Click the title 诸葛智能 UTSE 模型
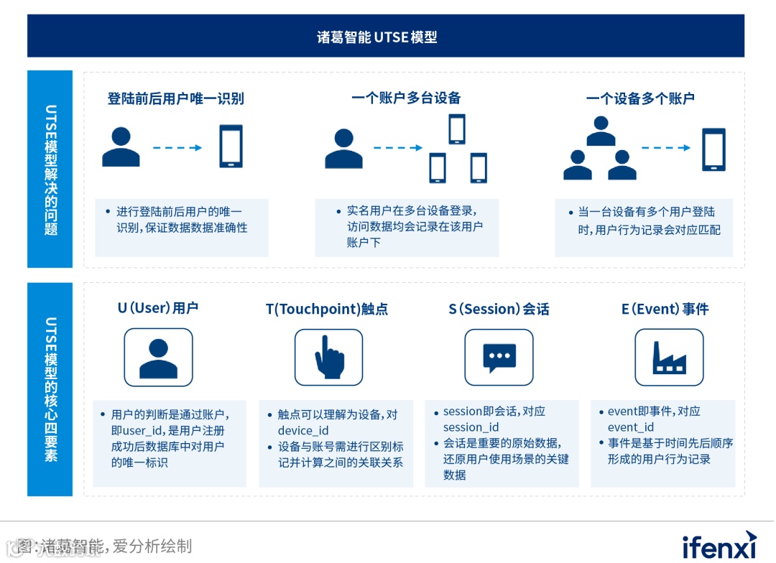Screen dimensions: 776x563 point(377,37)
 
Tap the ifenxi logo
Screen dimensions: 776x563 point(719,545)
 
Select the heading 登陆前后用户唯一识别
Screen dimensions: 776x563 point(176,98)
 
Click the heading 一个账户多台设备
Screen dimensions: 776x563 point(406,98)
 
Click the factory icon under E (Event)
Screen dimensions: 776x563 point(669,357)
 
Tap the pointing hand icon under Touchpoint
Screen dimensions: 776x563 point(329,357)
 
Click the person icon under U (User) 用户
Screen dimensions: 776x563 point(158,357)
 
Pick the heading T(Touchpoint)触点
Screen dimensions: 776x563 point(327,309)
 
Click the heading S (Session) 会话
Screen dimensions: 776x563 point(499,309)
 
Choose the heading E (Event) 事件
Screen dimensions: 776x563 point(665,309)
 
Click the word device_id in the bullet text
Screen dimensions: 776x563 point(303,431)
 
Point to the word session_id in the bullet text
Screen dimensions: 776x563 point(471,427)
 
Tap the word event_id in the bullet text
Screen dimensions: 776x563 point(631,427)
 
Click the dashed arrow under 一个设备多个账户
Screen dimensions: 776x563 point(665,148)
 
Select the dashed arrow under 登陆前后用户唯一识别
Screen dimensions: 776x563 point(177,148)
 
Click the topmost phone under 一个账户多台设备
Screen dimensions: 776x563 point(457,129)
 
